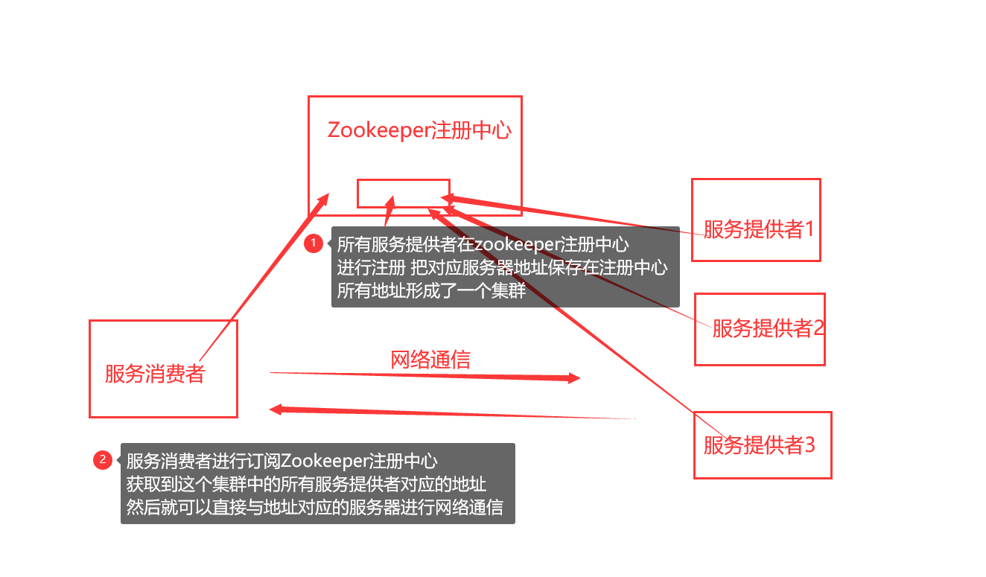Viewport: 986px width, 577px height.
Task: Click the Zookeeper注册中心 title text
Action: click(x=419, y=130)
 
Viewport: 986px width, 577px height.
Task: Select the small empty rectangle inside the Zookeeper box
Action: click(x=404, y=193)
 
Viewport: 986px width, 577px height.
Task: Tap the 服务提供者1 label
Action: click(x=759, y=229)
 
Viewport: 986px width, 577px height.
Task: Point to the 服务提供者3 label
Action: click(x=760, y=444)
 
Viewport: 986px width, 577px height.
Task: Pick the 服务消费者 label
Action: click(x=154, y=373)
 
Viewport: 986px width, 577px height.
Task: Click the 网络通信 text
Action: click(x=430, y=360)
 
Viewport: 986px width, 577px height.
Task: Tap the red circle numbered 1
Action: click(x=314, y=243)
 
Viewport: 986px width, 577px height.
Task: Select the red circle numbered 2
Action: click(x=103, y=460)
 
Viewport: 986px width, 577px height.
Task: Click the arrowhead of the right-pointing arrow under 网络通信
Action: click(x=574, y=378)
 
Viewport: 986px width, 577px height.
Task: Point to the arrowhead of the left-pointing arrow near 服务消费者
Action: click(x=275, y=409)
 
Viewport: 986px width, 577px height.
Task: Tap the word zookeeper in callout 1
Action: click(x=517, y=244)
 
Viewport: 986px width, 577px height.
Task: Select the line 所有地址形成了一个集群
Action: click(x=431, y=290)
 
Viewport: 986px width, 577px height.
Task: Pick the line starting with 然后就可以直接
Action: click(x=314, y=508)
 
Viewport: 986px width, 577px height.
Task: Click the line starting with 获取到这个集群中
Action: click(x=306, y=485)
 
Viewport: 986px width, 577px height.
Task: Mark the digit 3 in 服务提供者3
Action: click(x=810, y=444)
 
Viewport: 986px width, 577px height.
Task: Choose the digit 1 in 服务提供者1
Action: click(x=809, y=229)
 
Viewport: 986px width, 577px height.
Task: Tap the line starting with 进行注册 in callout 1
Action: click(x=502, y=267)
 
